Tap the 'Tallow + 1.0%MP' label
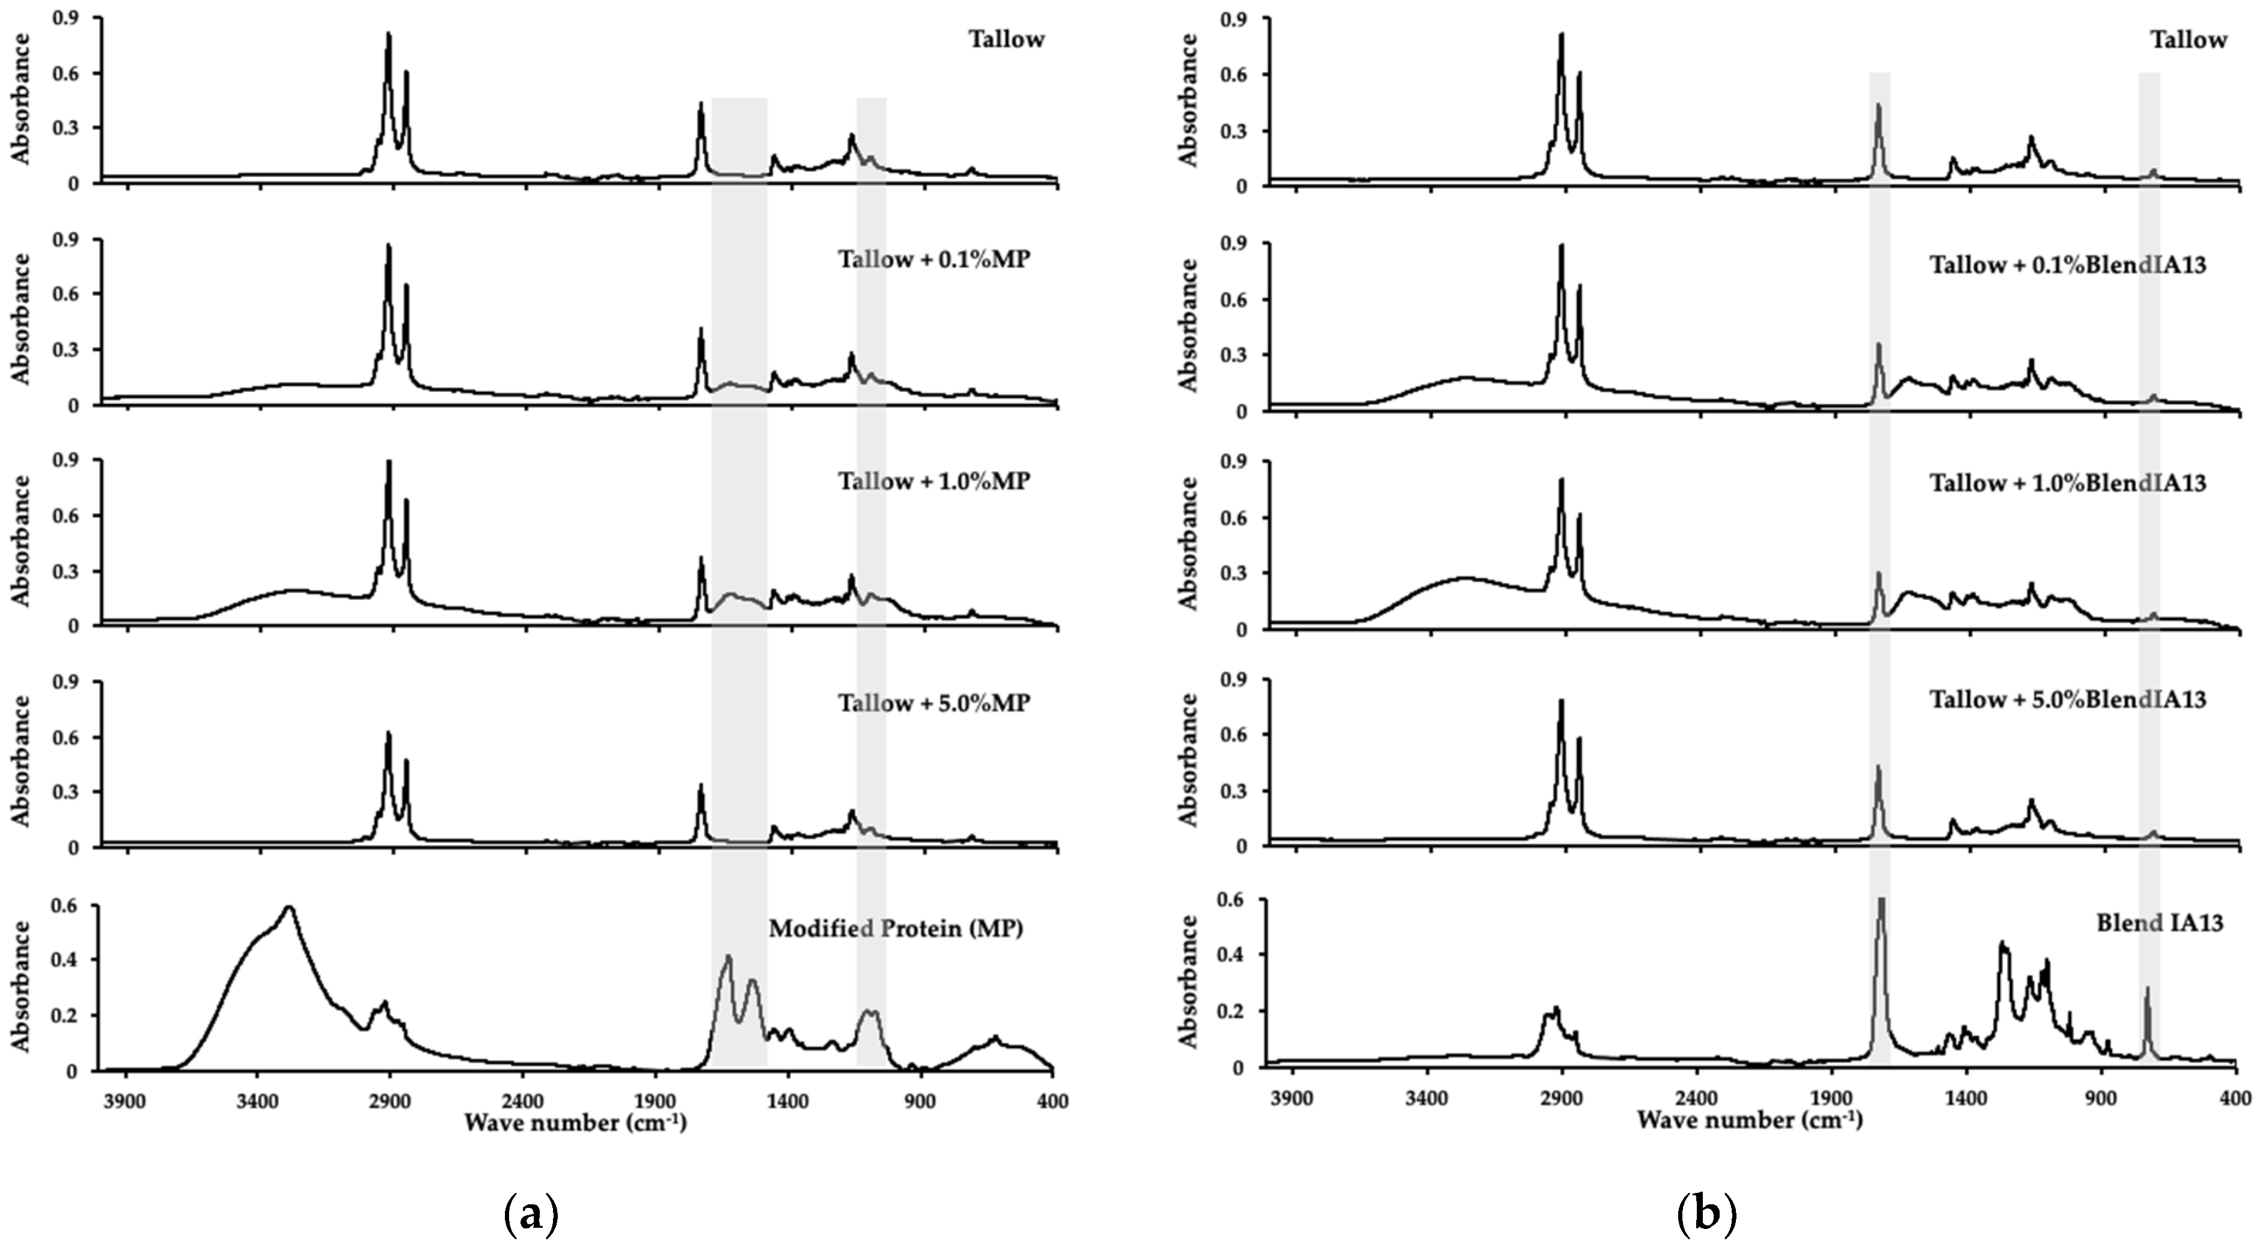tap(933, 482)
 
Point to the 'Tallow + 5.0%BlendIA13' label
tap(2068, 700)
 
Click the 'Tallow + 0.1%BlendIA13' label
tap(2068, 265)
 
